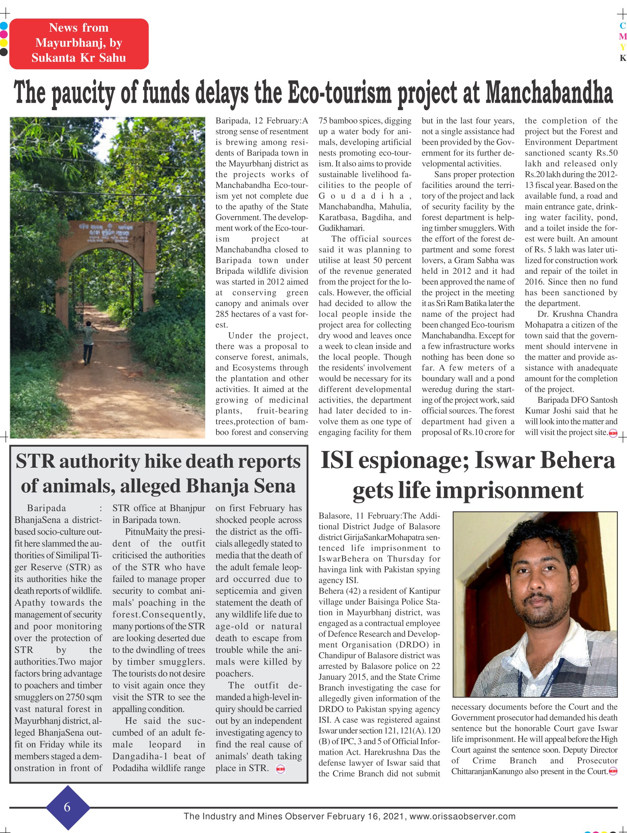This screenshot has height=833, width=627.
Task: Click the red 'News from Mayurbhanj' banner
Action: (x=79, y=43)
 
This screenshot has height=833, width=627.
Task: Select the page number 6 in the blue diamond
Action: (x=67, y=807)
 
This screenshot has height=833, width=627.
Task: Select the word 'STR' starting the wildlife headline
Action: (x=35, y=462)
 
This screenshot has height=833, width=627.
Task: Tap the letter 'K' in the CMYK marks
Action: (x=623, y=58)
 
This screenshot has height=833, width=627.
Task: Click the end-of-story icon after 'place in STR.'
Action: (x=280, y=769)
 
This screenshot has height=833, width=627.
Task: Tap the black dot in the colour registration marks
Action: (x=3, y=52)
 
